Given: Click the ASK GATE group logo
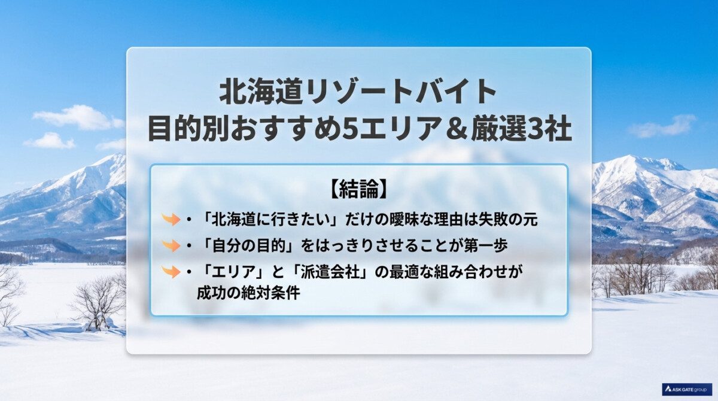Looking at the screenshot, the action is pyautogui.click(x=687, y=390).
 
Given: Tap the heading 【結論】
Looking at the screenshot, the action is pyautogui.click(x=359, y=189).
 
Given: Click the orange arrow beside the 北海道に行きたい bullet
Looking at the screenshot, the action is pyautogui.click(x=171, y=219).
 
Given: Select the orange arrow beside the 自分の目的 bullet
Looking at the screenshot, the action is pyautogui.click(x=171, y=245).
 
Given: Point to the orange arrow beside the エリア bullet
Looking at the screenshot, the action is pyautogui.click(x=171, y=272).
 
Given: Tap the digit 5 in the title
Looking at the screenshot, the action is pyautogui.click(x=351, y=129).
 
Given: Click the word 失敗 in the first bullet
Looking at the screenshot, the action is pyautogui.click(x=492, y=220).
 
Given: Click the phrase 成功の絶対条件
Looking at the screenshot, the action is pyautogui.click(x=248, y=293).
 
